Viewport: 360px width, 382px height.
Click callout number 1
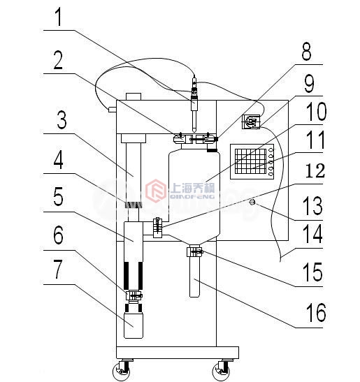click(x=59, y=17)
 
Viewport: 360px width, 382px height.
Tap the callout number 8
click(x=307, y=52)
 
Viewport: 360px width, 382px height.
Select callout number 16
click(x=315, y=312)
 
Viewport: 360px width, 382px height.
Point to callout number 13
click(x=313, y=206)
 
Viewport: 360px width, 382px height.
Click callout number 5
click(x=58, y=197)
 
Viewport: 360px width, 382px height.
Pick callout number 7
click(x=58, y=269)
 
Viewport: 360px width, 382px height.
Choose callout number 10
click(x=317, y=112)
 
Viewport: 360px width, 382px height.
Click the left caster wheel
click(x=122, y=371)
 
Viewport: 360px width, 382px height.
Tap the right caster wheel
click(x=221, y=371)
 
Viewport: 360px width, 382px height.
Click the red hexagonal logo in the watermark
click(x=156, y=191)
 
